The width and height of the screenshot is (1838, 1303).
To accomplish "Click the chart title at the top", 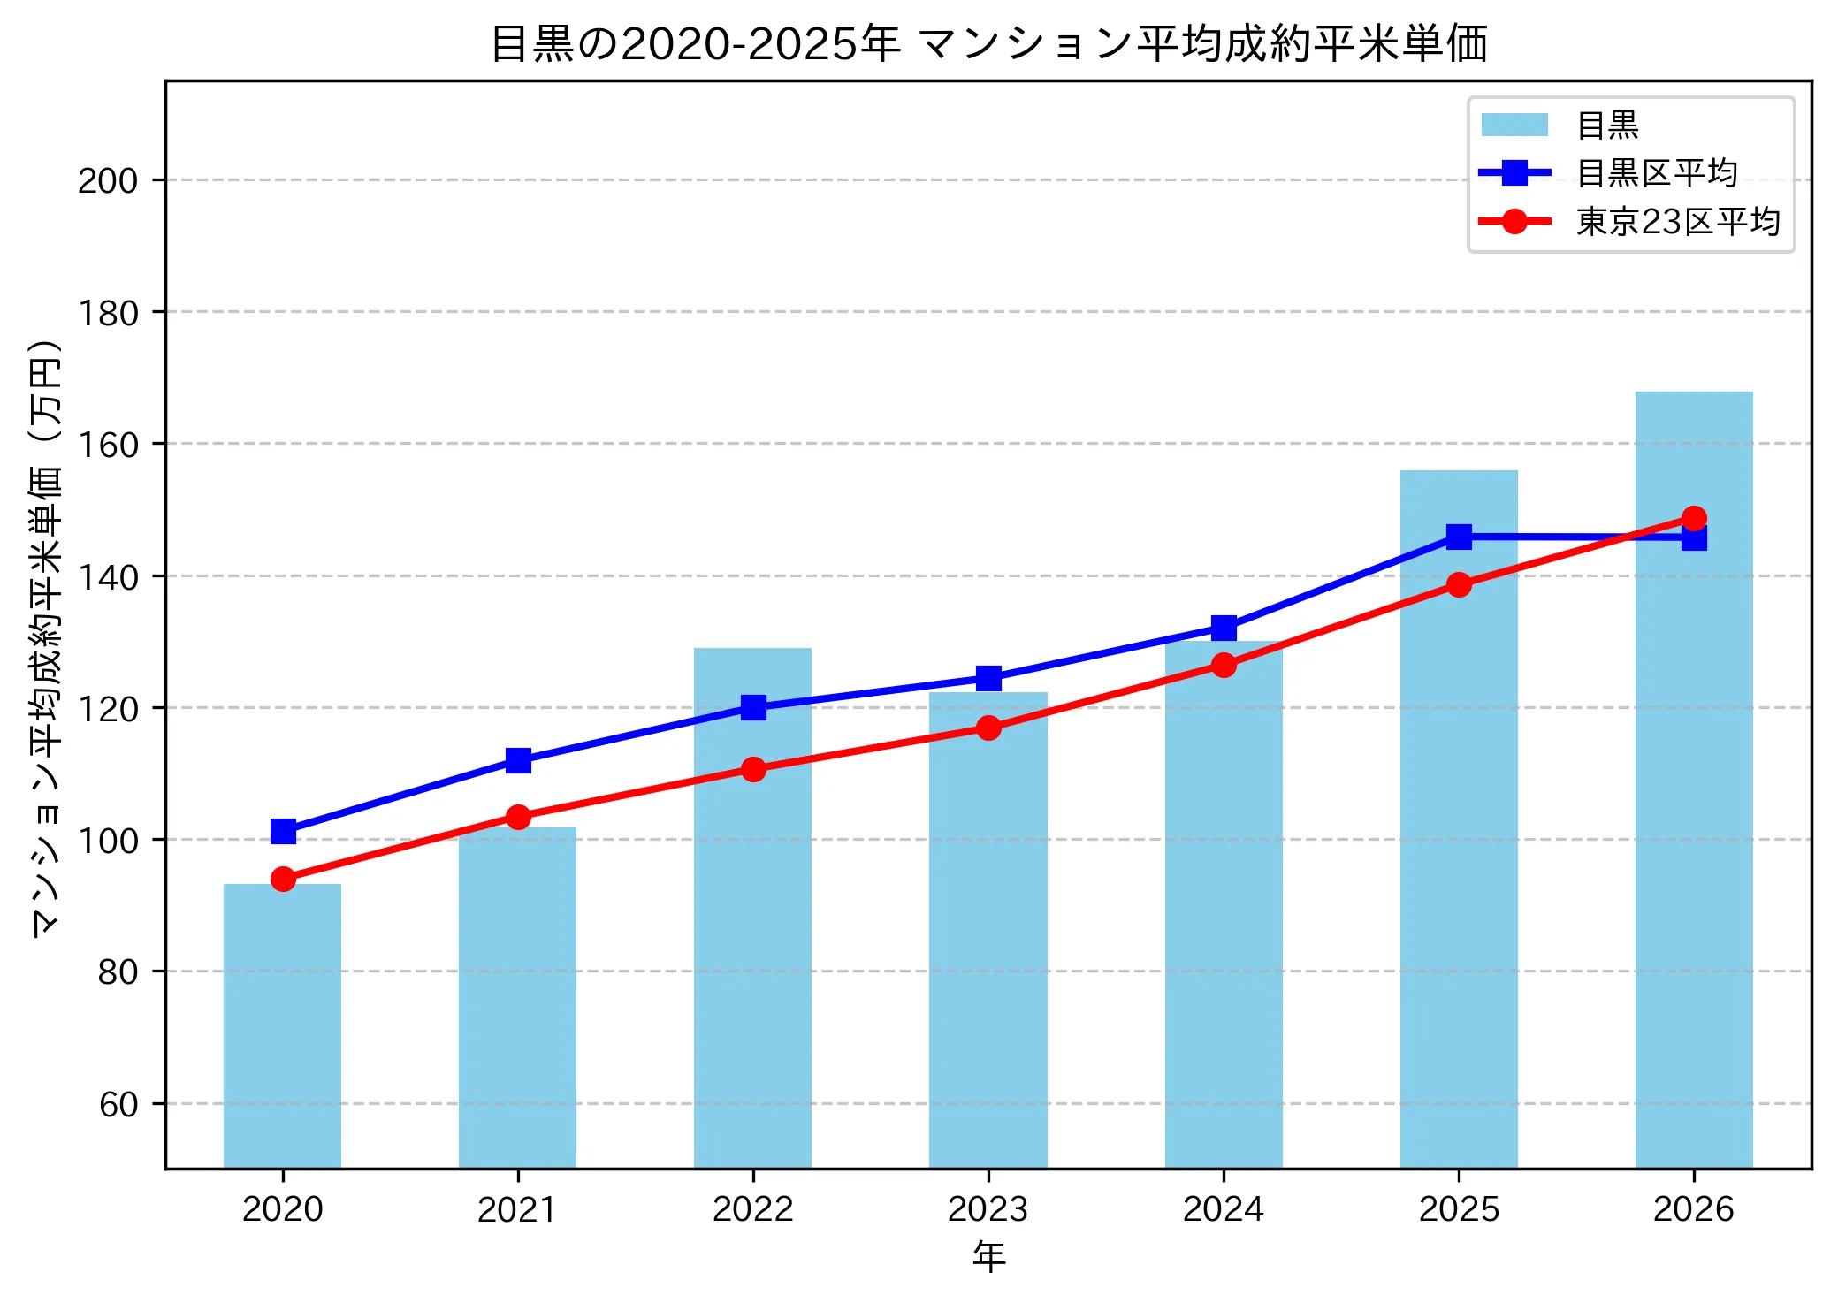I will click(x=988, y=43).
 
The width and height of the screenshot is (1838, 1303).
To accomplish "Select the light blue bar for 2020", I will click(x=282, y=1025).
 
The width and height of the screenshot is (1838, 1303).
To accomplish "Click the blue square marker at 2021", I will click(x=518, y=760).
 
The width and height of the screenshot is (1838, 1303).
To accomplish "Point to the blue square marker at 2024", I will click(x=1224, y=628).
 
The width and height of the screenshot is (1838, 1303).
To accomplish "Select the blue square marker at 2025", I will click(x=1459, y=537).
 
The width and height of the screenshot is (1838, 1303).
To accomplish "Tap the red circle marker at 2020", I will click(x=283, y=879).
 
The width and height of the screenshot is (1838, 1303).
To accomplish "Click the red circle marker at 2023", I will click(x=988, y=728).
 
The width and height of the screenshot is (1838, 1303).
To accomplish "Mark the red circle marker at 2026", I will click(x=1694, y=518).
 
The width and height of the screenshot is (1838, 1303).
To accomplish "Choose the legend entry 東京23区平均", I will click(x=1677, y=221).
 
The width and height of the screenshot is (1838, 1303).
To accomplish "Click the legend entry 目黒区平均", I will click(x=1656, y=172).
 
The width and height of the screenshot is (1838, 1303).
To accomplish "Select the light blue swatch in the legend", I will click(x=1514, y=125).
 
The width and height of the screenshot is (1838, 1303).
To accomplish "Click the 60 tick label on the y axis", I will click(x=118, y=1104).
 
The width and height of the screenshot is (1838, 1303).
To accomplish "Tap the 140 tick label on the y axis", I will click(x=108, y=576).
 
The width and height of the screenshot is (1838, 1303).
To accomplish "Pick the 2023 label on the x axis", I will click(x=988, y=1208).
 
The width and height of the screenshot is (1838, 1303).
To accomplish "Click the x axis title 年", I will click(x=988, y=1256).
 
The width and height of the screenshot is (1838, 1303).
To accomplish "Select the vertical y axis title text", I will click(x=45, y=636).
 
